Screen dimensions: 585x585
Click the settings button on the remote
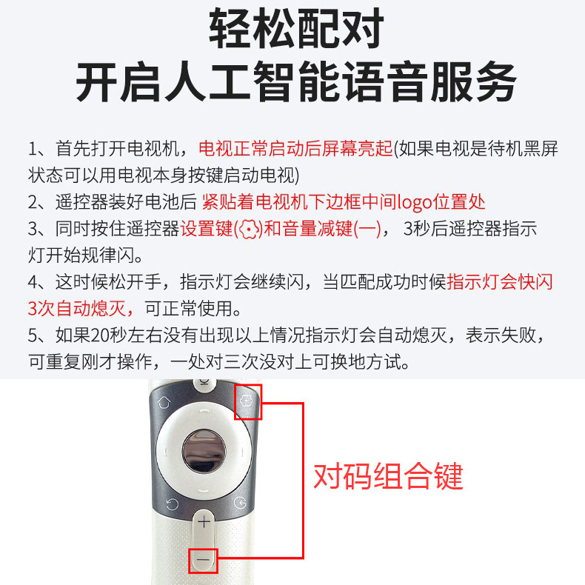pyautogui.click(x=247, y=401)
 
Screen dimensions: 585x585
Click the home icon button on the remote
pyautogui.click(x=164, y=401)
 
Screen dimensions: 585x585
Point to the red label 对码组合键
pyautogui.click(x=388, y=476)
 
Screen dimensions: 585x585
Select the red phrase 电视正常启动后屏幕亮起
pyautogui.click(x=295, y=149)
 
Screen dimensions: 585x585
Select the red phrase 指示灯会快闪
pyautogui.click(x=500, y=282)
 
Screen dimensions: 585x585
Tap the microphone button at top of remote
pyautogui.click(x=203, y=384)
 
